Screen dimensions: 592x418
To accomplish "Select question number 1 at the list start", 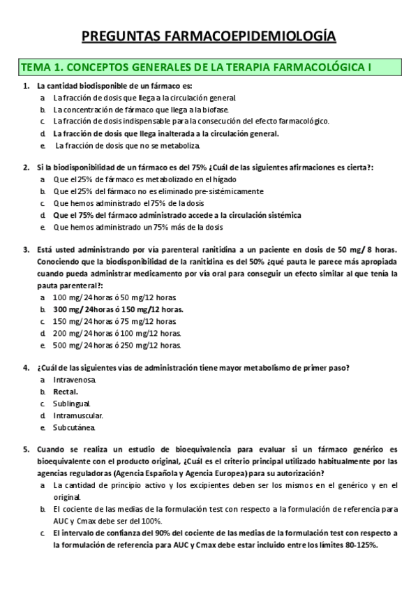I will [26, 86].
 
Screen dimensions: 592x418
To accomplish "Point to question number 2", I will [26, 168].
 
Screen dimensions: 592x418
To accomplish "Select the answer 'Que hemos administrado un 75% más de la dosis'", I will [140, 228].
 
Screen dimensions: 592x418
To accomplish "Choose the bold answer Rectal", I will [66, 392].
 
